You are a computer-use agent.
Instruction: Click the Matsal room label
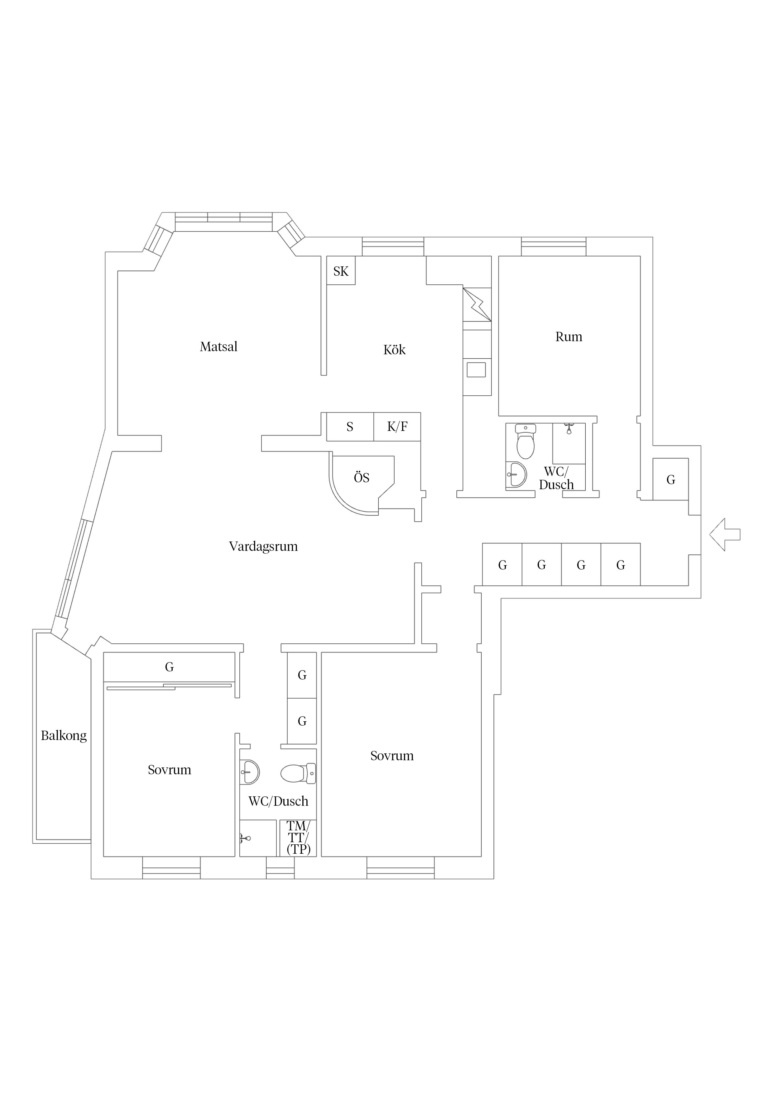(218, 346)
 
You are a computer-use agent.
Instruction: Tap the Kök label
(394, 350)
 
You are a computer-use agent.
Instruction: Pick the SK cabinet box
(341, 271)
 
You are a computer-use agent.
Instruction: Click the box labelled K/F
(397, 427)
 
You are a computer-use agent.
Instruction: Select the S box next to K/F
(350, 427)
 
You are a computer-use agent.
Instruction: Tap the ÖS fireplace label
(362, 477)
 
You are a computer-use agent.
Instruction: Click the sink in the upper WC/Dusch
(516, 475)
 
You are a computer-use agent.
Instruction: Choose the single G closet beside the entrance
(670, 480)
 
